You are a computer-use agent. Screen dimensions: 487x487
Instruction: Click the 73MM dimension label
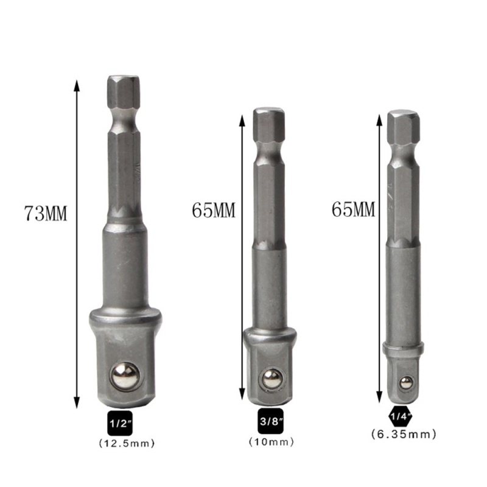[45, 214]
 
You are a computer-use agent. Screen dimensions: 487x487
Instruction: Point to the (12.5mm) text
[126, 443]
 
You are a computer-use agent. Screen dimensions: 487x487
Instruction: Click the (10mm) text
[268, 441]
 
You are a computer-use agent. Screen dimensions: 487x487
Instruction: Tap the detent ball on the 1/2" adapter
[125, 377]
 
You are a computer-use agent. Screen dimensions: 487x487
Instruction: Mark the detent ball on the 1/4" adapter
[403, 382]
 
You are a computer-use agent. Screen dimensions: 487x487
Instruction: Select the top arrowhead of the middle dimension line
[242, 120]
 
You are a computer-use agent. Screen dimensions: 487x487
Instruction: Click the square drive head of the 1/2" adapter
[125, 359]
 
